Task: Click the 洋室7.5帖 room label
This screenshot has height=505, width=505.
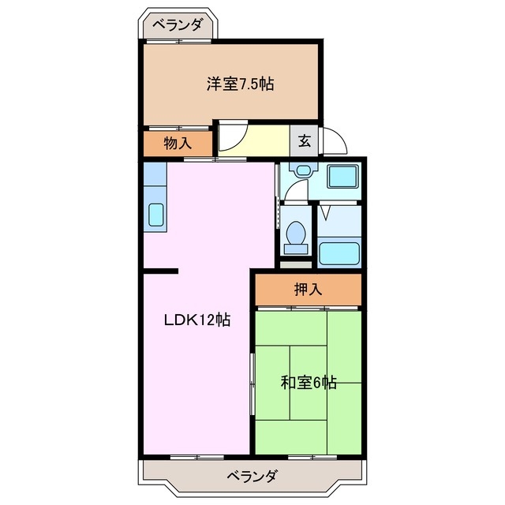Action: (241, 84)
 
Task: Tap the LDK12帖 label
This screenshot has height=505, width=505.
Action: (196, 320)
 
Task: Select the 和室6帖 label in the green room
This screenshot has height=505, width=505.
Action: (309, 383)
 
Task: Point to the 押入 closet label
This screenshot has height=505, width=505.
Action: (309, 290)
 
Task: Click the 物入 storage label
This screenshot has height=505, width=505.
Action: (178, 144)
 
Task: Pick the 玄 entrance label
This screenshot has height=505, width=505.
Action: (305, 143)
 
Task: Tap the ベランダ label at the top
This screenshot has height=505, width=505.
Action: (178, 25)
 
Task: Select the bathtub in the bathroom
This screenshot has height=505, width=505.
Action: (339, 253)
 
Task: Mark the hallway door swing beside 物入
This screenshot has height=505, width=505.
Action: (232, 139)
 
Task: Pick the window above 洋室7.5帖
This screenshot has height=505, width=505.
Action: (178, 40)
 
